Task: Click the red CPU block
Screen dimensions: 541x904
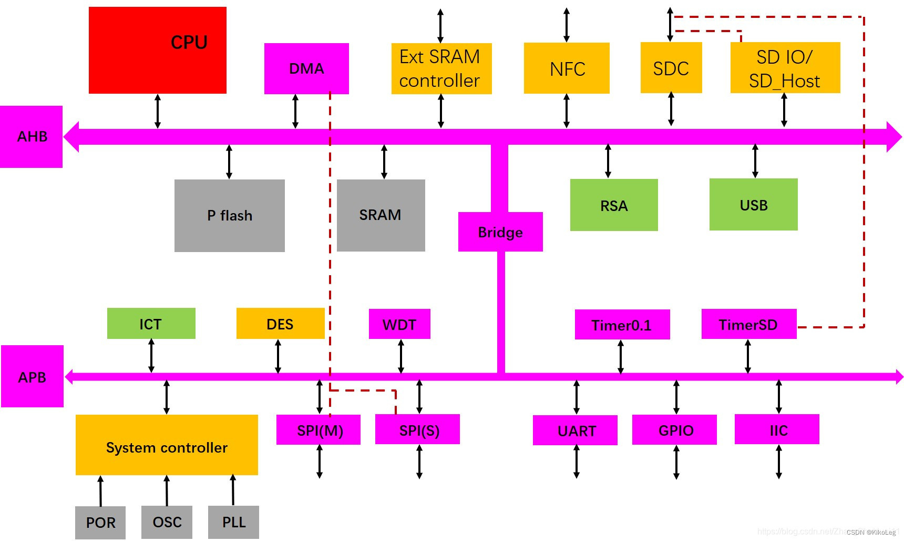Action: pyautogui.click(x=157, y=51)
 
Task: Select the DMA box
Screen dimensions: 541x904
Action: pyautogui.click(x=306, y=69)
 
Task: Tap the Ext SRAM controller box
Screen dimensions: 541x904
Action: pyautogui.click(x=441, y=69)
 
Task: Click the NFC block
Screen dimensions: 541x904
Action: pyautogui.click(x=567, y=68)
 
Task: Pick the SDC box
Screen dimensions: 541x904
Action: pyautogui.click(x=671, y=68)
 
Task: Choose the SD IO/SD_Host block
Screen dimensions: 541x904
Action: pyautogui.click(x=785, y=68)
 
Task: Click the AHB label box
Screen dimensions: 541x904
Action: pyautogui.click(x=32, y=137)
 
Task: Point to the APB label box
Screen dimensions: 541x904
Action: pyautogui.click(x=32, y=377)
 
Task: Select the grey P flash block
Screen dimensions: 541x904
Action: pyautogui.click(x=229, y=216)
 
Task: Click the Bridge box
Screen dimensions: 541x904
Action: pyautogui.click(x=500, y=232)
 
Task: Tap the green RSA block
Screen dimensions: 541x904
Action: pyautogui.click(x=613, y=205)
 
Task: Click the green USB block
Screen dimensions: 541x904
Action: pyautogui.click(x=753, y=205)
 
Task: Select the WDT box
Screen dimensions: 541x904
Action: pyautogui.click(x=399, y=324)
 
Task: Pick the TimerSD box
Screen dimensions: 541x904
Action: pyautogui.click(x=748, y=325)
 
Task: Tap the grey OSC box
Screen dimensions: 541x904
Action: pyautogui.click(x=167, y=522)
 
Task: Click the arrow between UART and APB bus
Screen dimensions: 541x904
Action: pyautogui.click(x=577, y=397)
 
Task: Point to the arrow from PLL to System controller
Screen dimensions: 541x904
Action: pyautogui.click(x=233, y=490)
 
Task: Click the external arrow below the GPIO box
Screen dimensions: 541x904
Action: pyautogui.click(x=676, y=462)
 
